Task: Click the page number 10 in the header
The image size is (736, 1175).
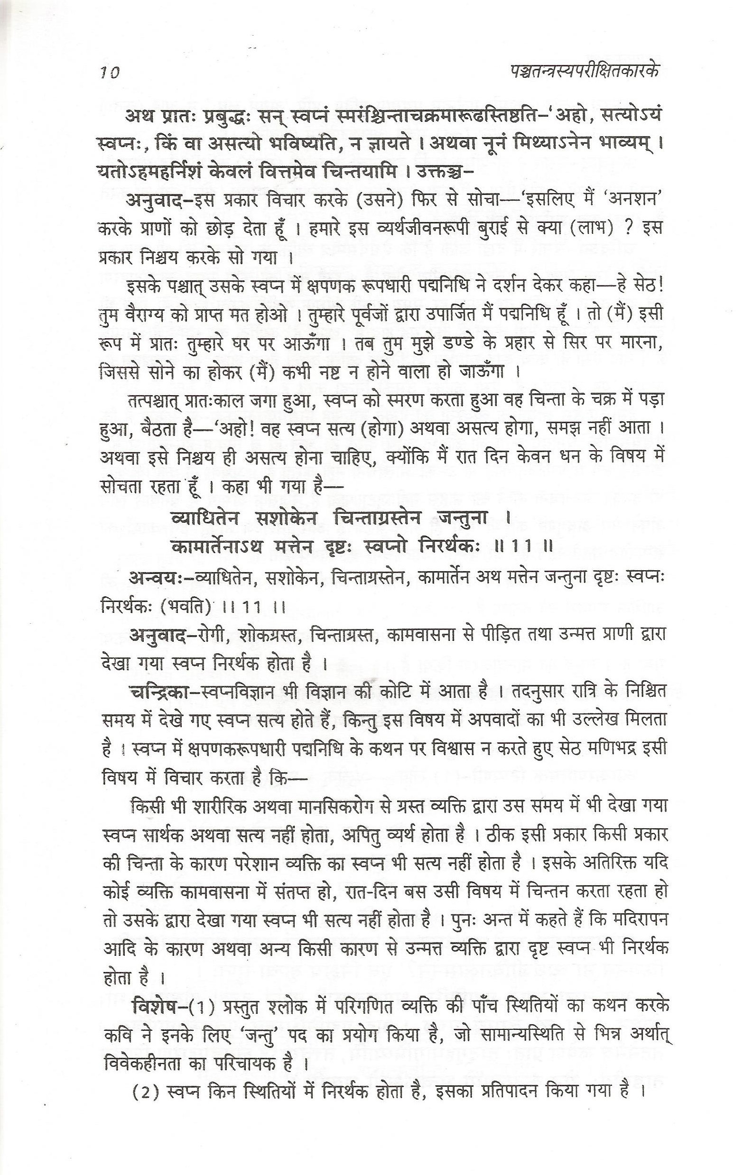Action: pos(110,74)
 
